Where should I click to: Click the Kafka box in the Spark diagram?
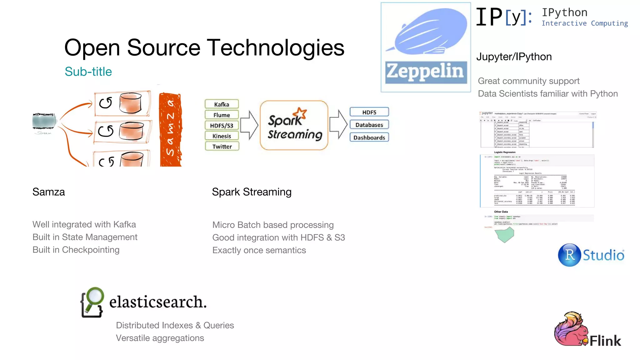point(222,104)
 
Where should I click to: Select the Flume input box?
point(222,115)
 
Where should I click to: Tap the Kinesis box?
point(222,136)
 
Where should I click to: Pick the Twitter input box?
point(222,147)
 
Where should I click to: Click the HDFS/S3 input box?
point(222,126)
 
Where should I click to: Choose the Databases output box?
point(369,125)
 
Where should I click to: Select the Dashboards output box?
point(369,137)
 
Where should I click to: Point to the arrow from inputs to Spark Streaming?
point(249,125)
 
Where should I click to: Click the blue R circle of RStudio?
point(569,255)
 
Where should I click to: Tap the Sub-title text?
point(88,72)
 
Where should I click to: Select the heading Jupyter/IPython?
point(514,57)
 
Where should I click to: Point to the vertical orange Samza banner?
point(170,130)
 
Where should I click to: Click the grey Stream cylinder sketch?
point(44,121)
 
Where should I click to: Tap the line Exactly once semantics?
point(259,250)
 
